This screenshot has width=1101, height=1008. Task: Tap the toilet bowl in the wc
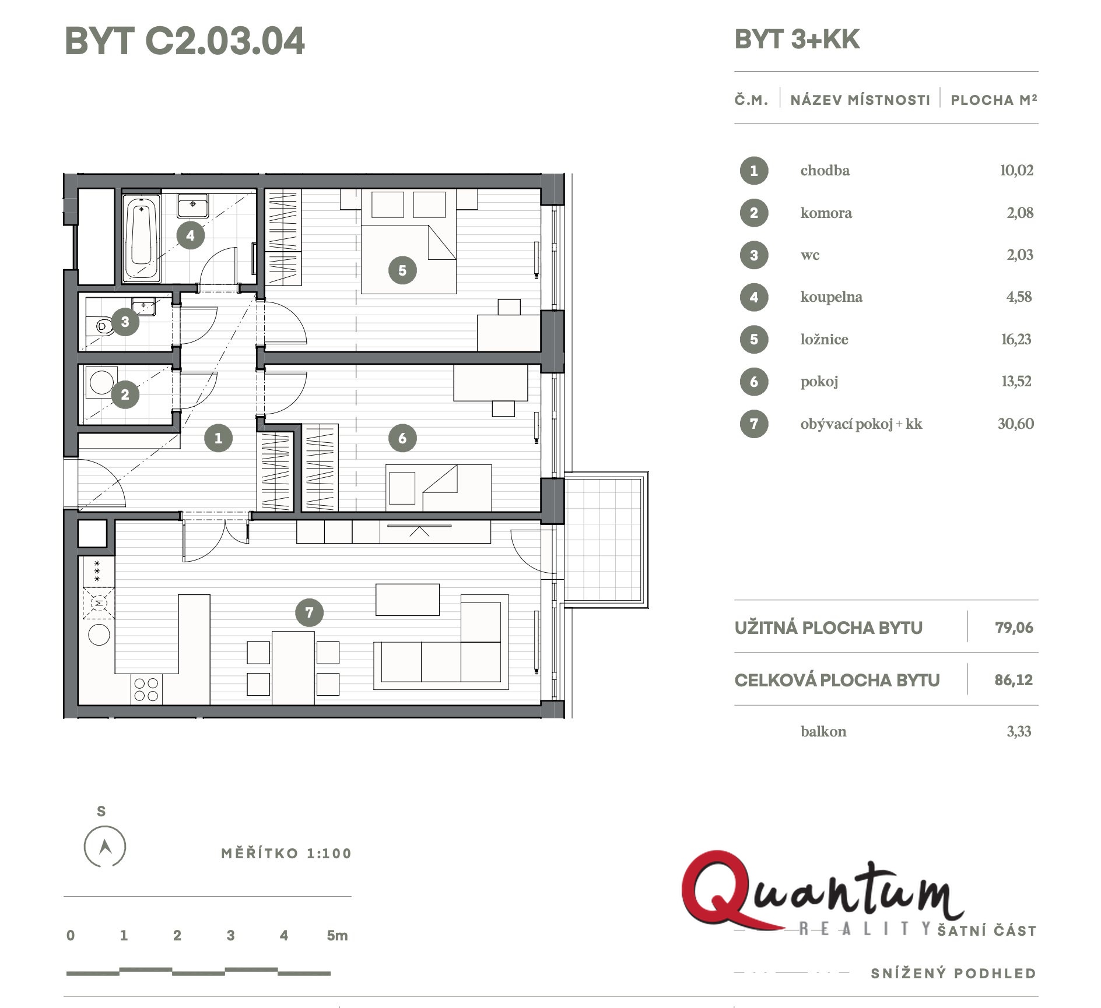point(102,326)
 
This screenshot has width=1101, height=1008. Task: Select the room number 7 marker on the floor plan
point(309,612)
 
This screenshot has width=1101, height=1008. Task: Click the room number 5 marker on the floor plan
point(402,270)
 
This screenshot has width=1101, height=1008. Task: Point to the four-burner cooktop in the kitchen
point(146,689)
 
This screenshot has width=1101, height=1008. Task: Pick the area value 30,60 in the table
point(1015,424)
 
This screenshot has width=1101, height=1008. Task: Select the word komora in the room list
point(826,213)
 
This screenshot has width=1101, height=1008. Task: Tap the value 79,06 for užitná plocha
point(1014,628)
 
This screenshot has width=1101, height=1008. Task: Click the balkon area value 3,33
point(1019,731)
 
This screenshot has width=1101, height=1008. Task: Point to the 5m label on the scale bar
point(337,936)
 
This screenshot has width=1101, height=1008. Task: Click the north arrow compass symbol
point(105,846)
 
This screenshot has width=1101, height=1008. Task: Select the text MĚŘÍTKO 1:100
point(286,854)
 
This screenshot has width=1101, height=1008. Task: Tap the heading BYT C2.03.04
point(185,41)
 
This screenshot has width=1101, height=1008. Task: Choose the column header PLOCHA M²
point(994,100)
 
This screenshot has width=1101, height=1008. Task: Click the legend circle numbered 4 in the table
point(754,297)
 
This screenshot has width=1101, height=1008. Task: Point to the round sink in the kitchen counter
point(99,635)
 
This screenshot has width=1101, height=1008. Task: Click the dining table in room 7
point(293,668)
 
